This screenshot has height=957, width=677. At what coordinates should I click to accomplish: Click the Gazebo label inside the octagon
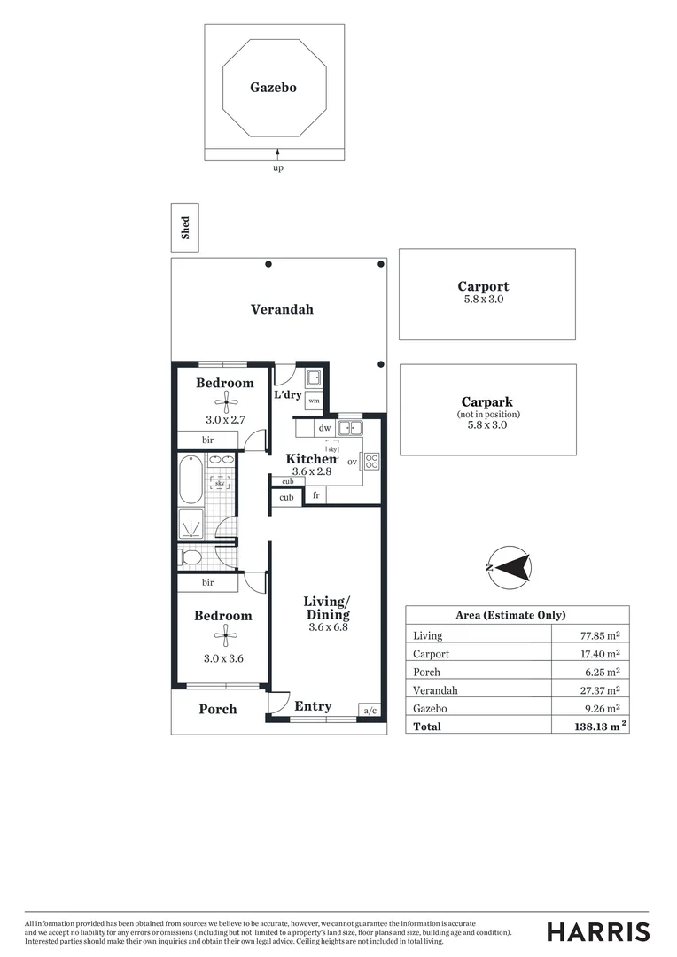pos(273,88)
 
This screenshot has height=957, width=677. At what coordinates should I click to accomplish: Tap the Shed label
pos(185,229)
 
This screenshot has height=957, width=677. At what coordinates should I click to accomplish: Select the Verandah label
pos(282,309)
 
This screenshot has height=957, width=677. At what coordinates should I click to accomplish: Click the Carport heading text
pos(483,286)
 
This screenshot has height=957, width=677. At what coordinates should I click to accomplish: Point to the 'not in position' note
pos(488,414)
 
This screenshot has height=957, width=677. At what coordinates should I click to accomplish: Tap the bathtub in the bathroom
pos(191,478)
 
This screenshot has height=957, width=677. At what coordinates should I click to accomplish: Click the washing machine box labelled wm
pos(314,401)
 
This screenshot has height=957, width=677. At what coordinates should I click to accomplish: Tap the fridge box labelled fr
pos(315,496)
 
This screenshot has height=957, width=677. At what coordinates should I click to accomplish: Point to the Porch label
pos(218,709)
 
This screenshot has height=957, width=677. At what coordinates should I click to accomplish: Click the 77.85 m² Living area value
pos(599,635)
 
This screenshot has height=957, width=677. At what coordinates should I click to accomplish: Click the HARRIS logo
pos(598,931)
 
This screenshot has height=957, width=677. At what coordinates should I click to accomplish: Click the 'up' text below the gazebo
pos(277,168)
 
